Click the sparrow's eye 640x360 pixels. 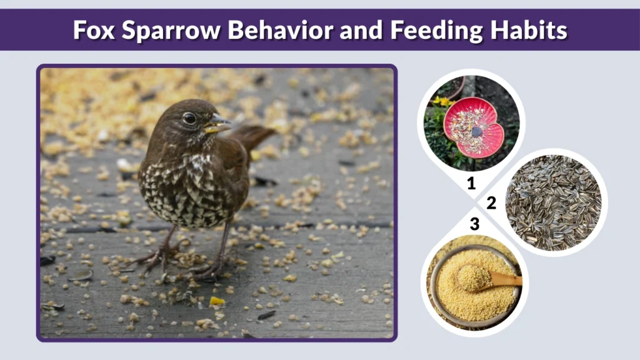coord(189,117)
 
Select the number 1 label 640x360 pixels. coord(472,184)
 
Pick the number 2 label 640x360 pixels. coord(491,202)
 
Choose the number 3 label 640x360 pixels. coord(474,223)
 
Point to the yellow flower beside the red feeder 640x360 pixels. coord(443,102)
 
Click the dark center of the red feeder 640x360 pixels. coord(477,132)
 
